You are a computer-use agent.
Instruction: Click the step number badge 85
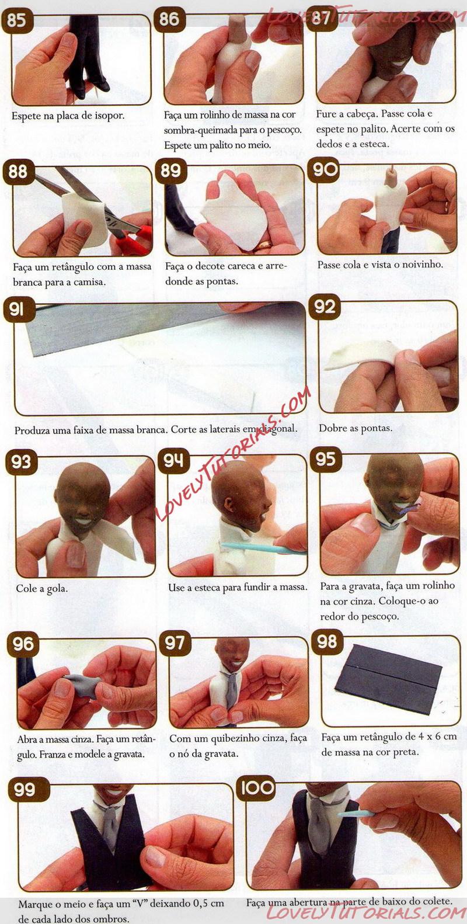coord(16,20)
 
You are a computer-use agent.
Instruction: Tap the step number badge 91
coord(16,310)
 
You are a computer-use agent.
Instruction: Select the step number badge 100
coord(256,787)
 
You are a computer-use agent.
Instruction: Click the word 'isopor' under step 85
coord(111,116)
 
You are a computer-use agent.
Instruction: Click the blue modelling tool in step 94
coord(264,548)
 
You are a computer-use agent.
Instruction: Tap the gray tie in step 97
coord(232,687)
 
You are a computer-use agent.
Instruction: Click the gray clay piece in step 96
coord(82,684)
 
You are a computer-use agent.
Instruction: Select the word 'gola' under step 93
coord(58,588)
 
